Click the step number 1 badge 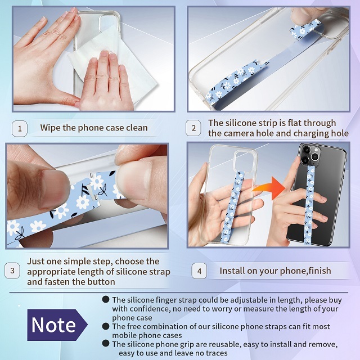pos(20,128)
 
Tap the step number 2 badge pos(193,128)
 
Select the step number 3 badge pos(12,271)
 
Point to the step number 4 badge pos(198,271)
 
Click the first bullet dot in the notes pos(106,300)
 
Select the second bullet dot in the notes pos(106,326)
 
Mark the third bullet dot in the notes pos(106,343)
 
